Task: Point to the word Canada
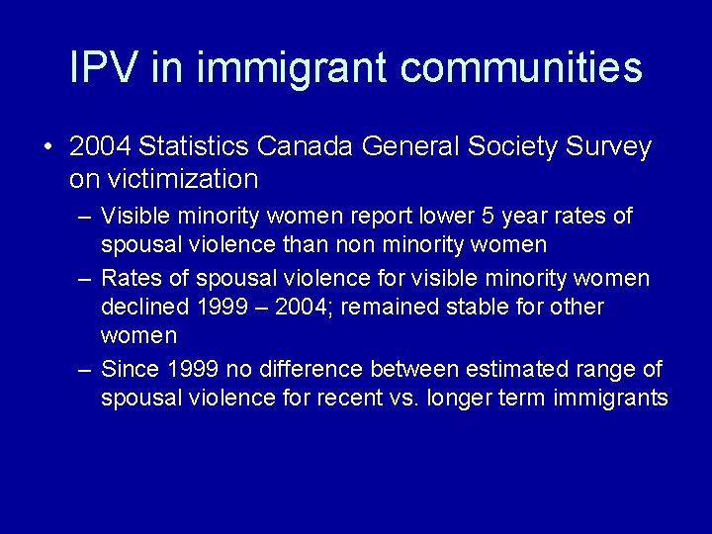click(307, 147)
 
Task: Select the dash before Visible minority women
click(86, 217)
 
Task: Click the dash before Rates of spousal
click(86, 279)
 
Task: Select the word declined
click(144, 307)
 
